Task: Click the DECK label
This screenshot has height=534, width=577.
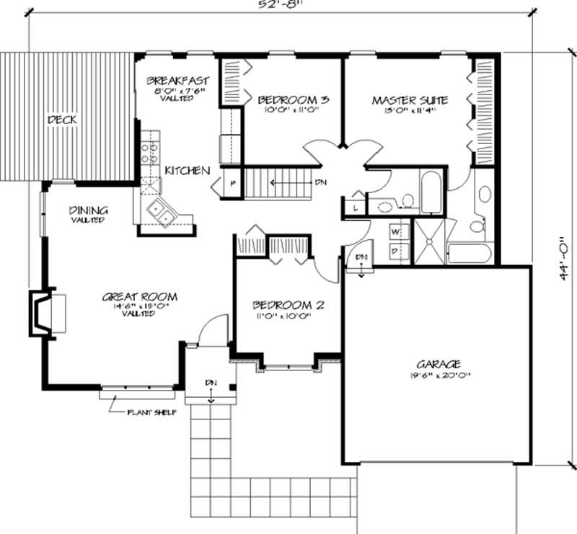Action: coord(62,120)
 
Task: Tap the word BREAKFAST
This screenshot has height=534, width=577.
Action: coord(178,80)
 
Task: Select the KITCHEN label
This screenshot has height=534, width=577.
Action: coord(188,171)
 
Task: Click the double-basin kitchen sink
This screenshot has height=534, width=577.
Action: coord(160,211)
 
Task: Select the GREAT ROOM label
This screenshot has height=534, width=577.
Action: coord(140,296)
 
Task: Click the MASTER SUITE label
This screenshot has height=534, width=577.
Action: coord(410,99)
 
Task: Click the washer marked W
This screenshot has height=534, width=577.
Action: coord(396,232)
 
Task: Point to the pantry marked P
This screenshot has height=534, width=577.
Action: coord(233,182)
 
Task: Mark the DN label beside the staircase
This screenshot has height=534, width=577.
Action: coord(322,182)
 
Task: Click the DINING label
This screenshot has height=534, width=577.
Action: coord(88,210)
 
